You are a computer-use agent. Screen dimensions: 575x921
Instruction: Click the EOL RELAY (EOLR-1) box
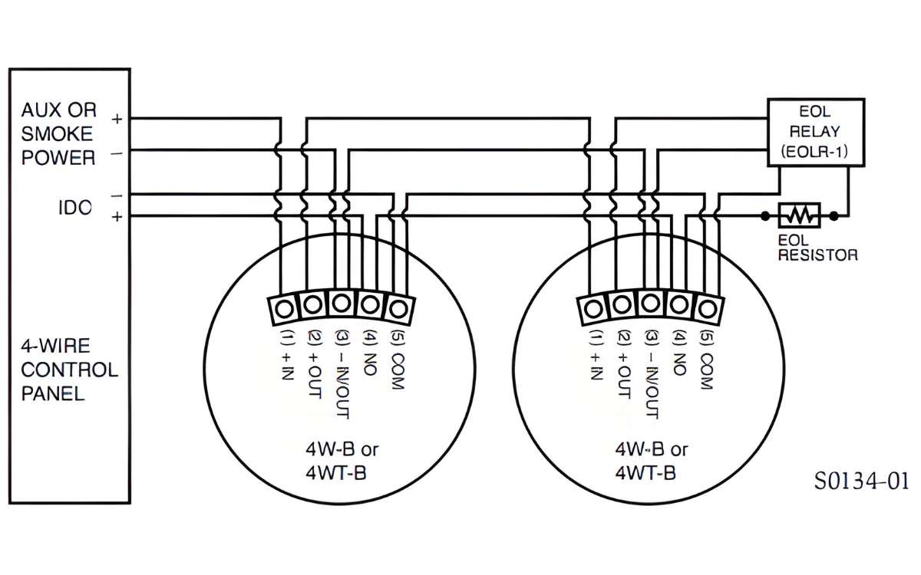817,131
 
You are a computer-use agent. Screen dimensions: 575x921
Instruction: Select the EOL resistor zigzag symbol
800,215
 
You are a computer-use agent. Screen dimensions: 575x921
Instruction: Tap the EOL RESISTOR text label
817,248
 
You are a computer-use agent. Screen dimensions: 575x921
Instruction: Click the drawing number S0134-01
861,481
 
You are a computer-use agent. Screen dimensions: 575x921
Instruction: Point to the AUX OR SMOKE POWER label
58,133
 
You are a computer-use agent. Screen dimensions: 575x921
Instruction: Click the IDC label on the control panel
75,207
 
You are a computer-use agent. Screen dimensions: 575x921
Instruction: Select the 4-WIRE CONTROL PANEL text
69,370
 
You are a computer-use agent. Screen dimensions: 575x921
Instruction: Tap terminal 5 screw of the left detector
398,307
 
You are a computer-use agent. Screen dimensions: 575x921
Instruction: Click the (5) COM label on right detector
707,361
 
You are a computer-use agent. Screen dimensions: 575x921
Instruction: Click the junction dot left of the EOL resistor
764,215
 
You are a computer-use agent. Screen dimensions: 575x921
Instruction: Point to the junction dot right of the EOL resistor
835,215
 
